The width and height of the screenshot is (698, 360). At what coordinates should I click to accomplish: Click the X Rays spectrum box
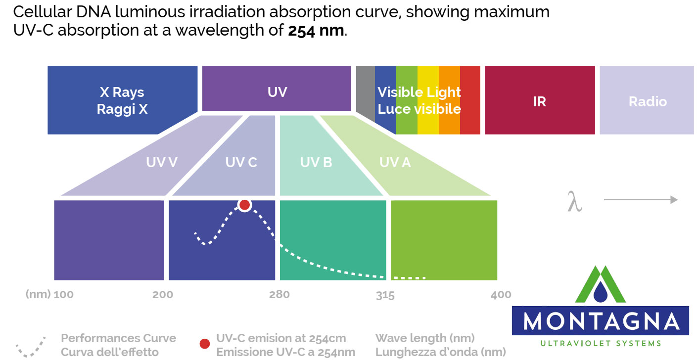click(x=122, y=100)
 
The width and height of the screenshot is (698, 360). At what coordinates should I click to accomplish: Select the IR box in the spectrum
click(x=539, y=101)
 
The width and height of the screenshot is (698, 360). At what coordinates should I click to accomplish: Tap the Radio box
click(x=647, y=101)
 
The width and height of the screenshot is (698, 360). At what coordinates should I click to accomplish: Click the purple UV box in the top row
click(x=277, y=91)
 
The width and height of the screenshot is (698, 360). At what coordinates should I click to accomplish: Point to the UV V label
click(x=161, y=162)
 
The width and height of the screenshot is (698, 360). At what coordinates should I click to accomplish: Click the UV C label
click(x=241, y=162)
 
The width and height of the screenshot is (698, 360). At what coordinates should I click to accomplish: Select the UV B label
click(x=316, y=162)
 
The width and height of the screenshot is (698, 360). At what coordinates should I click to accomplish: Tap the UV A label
click(x=395, y=162)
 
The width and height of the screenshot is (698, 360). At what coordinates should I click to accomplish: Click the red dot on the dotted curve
click(x=244, y=205)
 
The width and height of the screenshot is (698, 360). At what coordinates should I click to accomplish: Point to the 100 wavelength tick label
click(x=63, y=295)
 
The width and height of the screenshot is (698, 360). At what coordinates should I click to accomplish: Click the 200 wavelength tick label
click(x=163, y=295)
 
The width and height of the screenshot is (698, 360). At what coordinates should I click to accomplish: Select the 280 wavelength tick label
click(x=279, y=295)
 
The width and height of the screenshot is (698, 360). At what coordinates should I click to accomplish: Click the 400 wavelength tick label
click(x=501, y=295)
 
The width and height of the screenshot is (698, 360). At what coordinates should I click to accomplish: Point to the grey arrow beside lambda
click(x=640, y=200)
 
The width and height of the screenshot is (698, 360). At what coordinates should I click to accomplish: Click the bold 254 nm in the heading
click(x=316, y=31)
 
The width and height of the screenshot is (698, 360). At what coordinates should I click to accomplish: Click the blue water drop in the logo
click(x=600, y=292)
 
